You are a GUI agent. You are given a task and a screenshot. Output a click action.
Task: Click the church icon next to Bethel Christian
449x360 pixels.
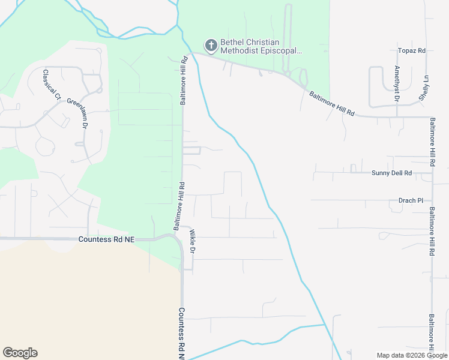click(211, 45)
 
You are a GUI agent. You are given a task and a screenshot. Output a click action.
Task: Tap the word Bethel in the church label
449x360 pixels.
click(232, 42)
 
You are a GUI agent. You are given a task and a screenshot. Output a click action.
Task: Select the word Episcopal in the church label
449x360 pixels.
click(279, 51)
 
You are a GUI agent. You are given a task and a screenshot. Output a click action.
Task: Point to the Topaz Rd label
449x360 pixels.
click(411, 51)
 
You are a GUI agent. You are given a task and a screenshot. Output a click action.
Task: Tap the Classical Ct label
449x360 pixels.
click(52, 84)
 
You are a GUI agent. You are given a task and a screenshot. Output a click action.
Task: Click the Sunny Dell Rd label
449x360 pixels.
click(391, 173)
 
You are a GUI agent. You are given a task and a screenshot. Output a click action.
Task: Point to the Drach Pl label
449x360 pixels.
click(411, 200)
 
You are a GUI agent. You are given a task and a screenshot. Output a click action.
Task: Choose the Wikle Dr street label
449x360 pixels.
click(193, 241)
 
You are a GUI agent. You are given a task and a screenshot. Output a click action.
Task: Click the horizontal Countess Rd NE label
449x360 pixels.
click(106, 239)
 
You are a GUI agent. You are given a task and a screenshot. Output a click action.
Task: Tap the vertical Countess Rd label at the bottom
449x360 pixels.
click(181, 333)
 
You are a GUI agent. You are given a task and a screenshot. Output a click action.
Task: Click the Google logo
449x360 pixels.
click(20, 353)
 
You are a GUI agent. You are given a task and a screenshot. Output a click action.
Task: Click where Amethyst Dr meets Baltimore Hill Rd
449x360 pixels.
click(397, 116)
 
